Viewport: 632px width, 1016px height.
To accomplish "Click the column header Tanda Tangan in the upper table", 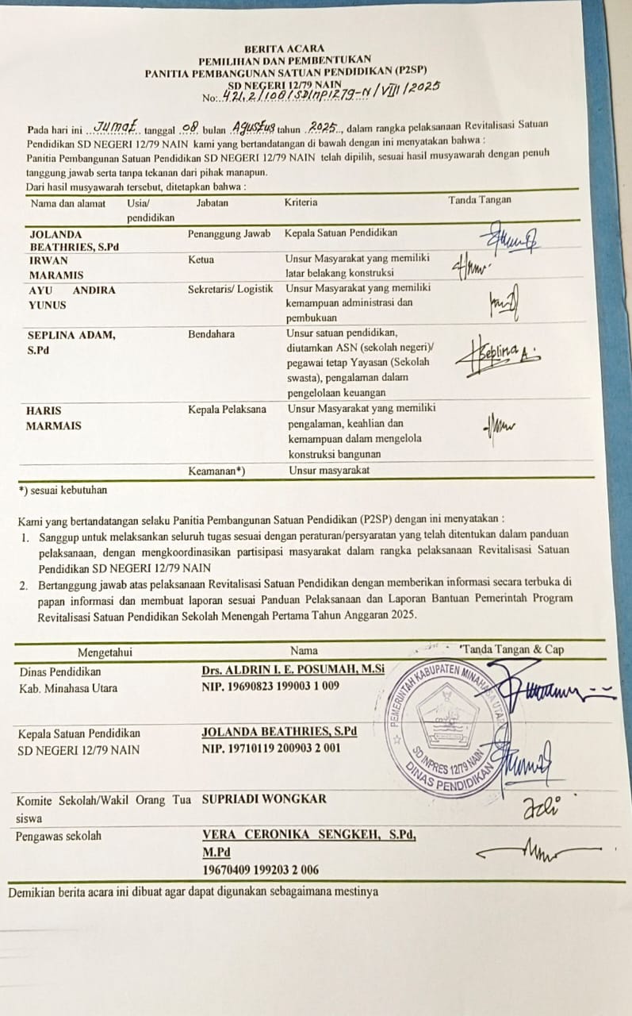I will pyautogui.click(x=480, y=200).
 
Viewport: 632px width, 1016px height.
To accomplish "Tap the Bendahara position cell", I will pyautogui.click(x=211, y=334).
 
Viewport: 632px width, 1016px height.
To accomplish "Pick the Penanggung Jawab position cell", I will pyautogui.click(x=229, y=233).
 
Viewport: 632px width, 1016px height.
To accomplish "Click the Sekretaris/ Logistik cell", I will pyautogui.click(x=230, y=289).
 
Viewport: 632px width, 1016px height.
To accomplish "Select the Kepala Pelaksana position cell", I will pyautogui.click(x=227, y=410).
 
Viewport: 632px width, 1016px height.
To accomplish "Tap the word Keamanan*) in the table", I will pyautogui.click(x=216, y=471).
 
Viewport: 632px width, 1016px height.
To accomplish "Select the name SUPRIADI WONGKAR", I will pyautogui.click(x=264, y=799).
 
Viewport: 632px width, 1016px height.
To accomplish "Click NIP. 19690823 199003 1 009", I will pyautogui.click(x=270, y=686).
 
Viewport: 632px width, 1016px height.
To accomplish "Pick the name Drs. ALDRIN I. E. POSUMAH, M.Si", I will pyautogui.click(x=293, y=670).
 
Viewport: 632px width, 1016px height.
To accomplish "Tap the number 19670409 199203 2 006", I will pyautogui.click(x=260, y=869).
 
